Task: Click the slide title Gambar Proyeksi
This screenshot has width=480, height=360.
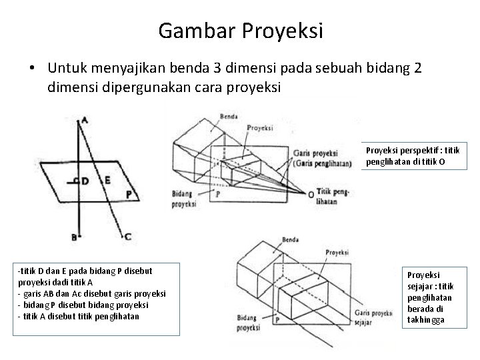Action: click(241, 31)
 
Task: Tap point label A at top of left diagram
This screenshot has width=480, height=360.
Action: click(85, 121)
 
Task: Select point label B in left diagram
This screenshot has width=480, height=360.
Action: click(75, 236)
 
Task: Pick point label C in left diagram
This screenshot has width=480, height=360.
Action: click(127, 236)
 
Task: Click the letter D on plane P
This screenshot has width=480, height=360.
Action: click(84, 181)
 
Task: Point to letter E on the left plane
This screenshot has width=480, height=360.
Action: click(107, 180)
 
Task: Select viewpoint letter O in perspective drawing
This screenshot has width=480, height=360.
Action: click(310, 194)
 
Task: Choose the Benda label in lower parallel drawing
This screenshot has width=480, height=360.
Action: click(291, 239)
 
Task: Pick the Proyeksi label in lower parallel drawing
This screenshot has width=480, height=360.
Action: click(338, 252)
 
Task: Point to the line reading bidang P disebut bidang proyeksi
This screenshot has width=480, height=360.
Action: click(79, 304)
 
